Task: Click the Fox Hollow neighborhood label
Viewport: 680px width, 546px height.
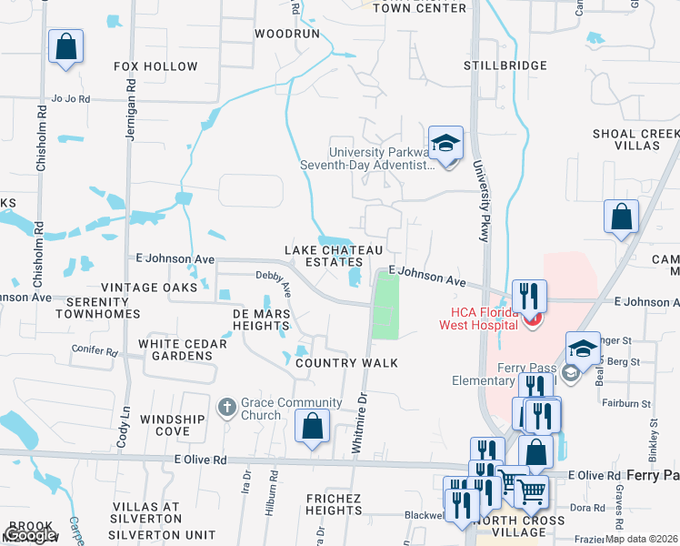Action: click(x=155, y=66)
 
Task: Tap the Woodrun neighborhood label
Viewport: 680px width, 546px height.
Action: click(x=287, y=33)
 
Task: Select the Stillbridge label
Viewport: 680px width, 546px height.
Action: click(x=505, y=66)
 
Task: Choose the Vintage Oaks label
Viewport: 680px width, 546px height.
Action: click(x=149, y=288)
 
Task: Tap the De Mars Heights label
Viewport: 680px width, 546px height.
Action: click(x=261, y=319)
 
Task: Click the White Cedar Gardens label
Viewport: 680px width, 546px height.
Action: click(x=175, y=349)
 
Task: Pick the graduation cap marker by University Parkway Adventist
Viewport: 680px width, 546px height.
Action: click(x=445, y=143)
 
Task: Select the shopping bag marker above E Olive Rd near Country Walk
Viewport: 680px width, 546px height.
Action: click(x=312, y=425)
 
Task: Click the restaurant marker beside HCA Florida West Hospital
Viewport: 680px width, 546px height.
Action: click(x=529, y=296)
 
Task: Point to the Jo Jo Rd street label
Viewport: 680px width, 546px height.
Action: click(x=71, y=98)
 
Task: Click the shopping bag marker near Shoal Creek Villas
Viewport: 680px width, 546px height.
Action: click(x=622, y=217)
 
